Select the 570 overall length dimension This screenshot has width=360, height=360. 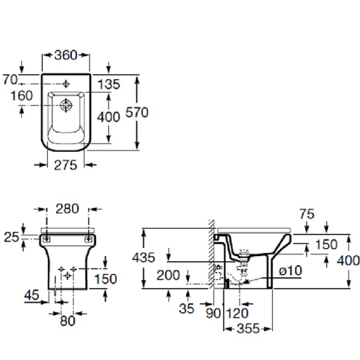[x=137, y=113]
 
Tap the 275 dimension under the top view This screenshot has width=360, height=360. [x=65, y=165]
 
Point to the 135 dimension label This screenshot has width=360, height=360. [x=109, y=84]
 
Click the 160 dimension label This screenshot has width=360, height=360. [x=21, y=96]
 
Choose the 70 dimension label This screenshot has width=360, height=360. [x=9, y=79]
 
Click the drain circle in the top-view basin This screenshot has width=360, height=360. [x=66, y=105]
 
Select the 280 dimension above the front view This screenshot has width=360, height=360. [x=67, y=208]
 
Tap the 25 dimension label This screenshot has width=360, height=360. [x=11, y=237]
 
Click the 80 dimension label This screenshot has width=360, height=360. [x=67, y=320]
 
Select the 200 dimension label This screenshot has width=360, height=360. [x=169, y=276]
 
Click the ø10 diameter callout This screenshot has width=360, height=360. [x=291, y=271]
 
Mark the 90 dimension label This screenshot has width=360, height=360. [x=211, y=312]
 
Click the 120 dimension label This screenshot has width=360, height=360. [x=237, y=312]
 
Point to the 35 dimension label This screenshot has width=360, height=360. [x=188, y=309]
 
